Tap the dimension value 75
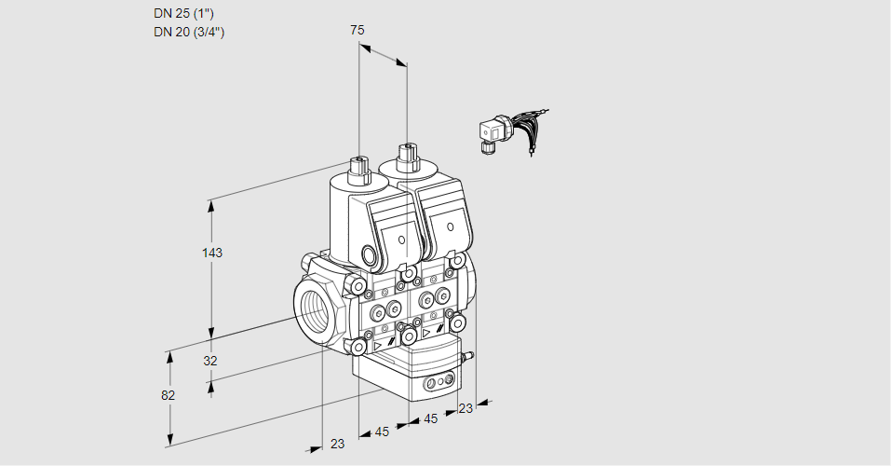point(357,30)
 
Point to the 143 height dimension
point(212,253)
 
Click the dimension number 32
point(210,361)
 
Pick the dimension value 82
point(168,395)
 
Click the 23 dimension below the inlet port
point(337,444)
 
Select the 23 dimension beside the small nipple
point(466,407)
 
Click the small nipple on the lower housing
point(468,355)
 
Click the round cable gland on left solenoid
point(371,255)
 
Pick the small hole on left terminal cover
point(402,240)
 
